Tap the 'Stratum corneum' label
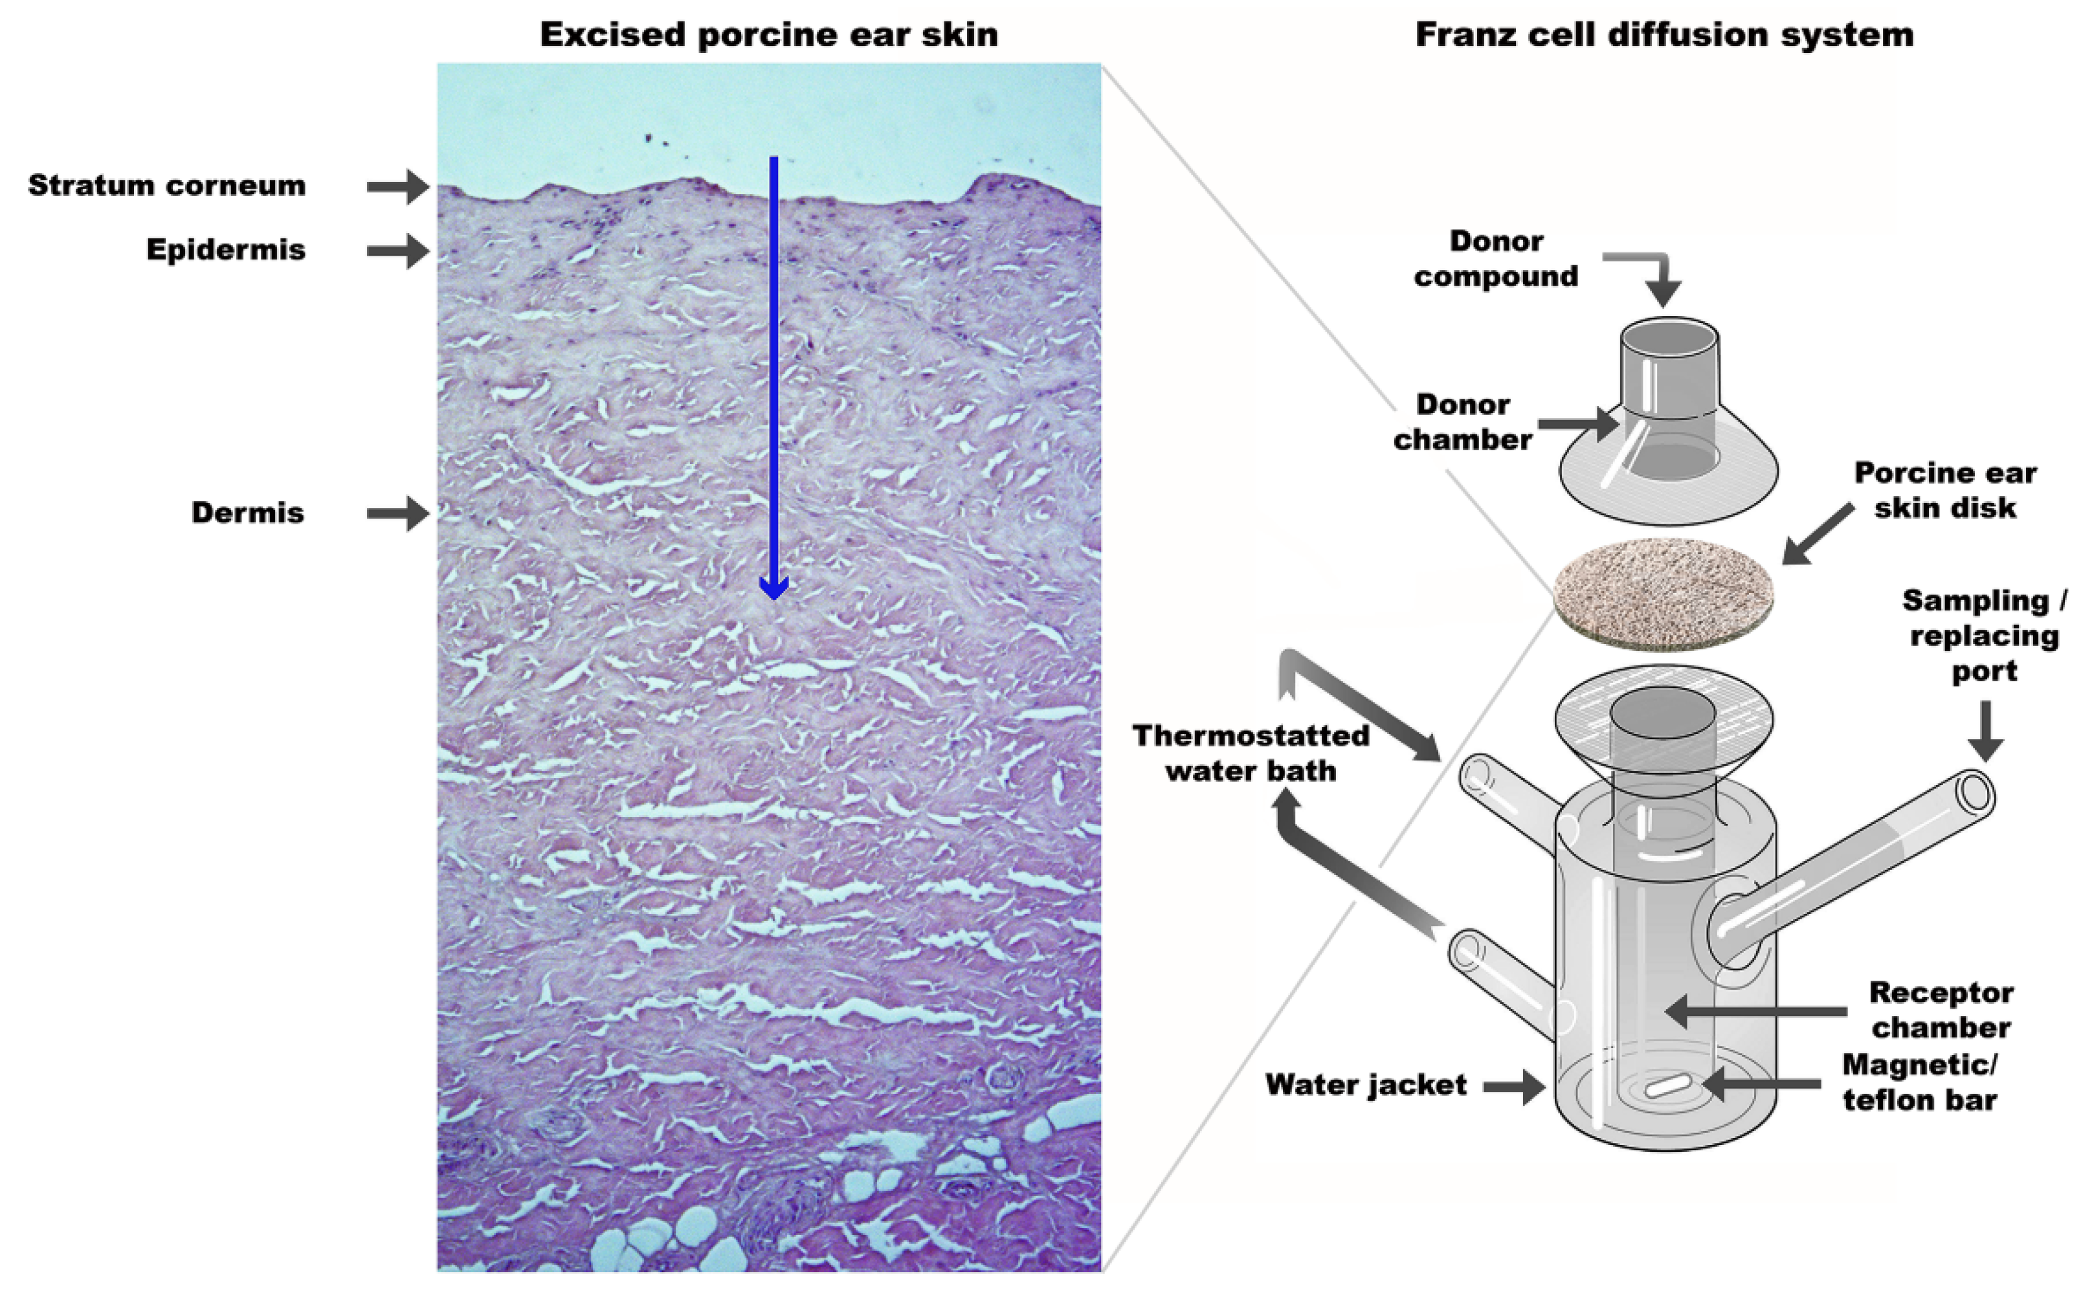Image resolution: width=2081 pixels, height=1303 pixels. (x=167, y=185)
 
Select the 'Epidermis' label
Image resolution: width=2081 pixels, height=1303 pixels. (x=226, y=250)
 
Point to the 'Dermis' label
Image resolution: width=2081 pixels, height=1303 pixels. (x=247, y=513)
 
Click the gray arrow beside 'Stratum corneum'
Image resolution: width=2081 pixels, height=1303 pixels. (x=397, y=186)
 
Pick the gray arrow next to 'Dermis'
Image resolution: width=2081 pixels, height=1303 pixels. (x=397, y=513)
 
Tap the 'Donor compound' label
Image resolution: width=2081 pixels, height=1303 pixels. (x=1496, y=258)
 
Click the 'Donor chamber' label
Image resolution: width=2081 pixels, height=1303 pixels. (x=1462, y=422)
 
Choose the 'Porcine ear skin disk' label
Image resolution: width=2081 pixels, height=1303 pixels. (x=1945, y=491)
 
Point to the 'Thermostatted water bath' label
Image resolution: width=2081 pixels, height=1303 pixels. (x=1251, y=753)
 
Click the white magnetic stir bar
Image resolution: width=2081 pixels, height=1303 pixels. (x=1667, y=1087)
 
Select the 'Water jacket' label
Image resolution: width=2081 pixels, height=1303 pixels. (x=1366, y=1085)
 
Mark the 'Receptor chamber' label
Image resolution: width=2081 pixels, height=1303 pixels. (x=1941, y=1010)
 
